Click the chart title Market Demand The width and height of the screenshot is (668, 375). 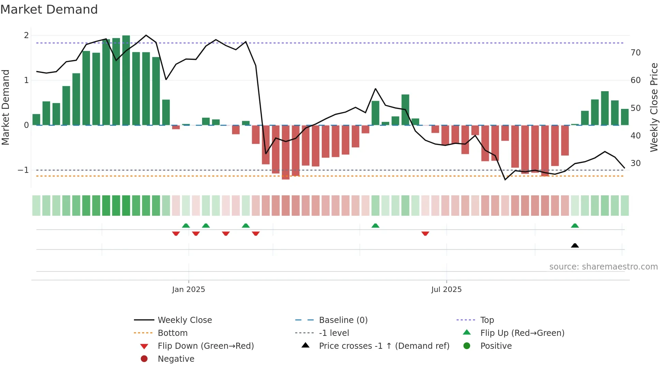click(49, 10)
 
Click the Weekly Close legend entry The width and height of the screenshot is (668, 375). click(184, 320)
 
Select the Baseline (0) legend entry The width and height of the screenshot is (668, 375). click(343, 320)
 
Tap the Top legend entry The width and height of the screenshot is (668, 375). click(487, 320)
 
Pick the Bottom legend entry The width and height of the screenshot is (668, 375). click(172, 333)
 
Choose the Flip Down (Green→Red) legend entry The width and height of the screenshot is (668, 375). click(206, 346)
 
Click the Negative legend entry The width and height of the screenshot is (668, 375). click(176, 359)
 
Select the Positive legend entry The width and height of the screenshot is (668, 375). click(496, 346)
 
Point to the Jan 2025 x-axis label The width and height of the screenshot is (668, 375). click(188, 289)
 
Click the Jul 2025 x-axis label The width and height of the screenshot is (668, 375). click(446, 289)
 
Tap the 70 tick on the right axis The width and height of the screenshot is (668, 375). click(635, 53)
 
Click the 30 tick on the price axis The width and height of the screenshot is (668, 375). click(635, 163)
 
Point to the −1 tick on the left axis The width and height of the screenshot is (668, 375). click(23, 170)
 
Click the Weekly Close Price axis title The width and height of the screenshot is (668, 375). click(654, 107)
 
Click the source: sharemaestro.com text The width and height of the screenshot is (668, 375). click(603, 266)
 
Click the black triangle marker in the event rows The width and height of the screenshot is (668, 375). click(575, 245)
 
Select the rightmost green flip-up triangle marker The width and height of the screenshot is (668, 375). click(575, 226)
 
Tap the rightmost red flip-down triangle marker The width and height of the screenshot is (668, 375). click(425, 233)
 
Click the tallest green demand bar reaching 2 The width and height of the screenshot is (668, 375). click(126, 80)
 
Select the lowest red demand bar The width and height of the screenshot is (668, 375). click(286, 152)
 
